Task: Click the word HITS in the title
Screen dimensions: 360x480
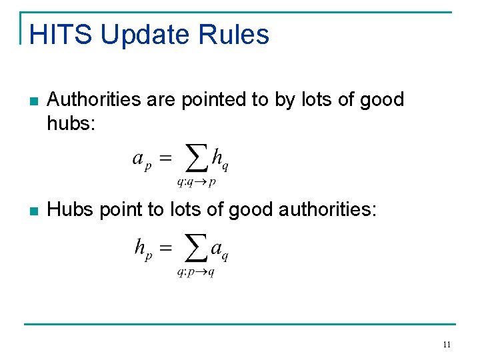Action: click(x=61, y=35)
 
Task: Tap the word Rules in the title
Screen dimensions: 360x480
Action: click(x=241, y=35)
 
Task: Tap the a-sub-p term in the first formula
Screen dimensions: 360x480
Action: click(x=142, y=161)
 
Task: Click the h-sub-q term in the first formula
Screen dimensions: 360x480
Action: click(x=220, y=161)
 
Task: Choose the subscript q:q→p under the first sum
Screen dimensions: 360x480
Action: click(x=195, y=181)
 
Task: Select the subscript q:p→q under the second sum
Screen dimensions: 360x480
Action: click(x=195, y=272)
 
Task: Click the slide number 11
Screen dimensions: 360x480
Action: click(x=447, y=345)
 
